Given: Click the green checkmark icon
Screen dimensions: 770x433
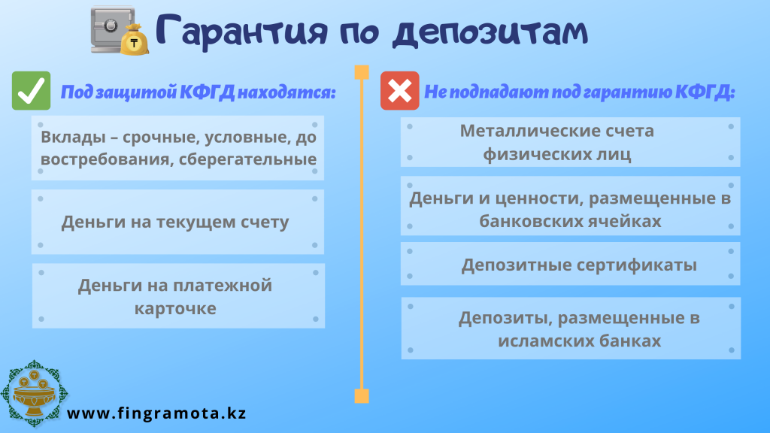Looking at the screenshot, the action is (31, 91).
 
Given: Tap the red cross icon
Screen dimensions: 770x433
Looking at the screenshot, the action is (400, 91).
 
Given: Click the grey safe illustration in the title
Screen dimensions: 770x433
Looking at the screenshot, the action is (111, 29).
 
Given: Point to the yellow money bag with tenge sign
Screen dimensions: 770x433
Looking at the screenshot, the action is (135, 41).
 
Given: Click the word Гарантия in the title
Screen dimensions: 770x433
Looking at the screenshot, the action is (241, 31).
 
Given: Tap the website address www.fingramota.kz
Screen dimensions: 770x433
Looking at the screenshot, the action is (156, 413).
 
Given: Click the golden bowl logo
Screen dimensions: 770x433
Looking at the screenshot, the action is (33, 393).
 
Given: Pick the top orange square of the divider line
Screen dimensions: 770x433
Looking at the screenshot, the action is (362, 72).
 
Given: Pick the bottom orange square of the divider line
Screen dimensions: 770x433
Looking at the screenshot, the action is (362, 395).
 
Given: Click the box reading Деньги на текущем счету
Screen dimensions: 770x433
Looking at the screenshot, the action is (177, 222).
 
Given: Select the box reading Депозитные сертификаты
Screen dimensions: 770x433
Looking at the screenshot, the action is (570, 264).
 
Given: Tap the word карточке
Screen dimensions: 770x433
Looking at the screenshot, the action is (175, 309).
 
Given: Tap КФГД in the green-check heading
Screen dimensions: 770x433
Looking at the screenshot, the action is (207, 92).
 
